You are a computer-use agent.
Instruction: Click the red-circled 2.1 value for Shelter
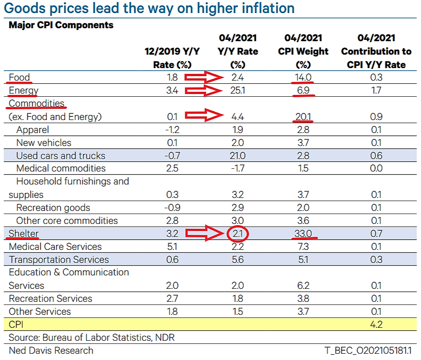pyautogui.click(x=238, y=233)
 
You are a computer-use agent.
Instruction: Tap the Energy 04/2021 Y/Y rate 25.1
pyautogui.click(x=238, y=91)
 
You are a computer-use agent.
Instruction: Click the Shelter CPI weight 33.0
pyautogui.click(x=303, y=233)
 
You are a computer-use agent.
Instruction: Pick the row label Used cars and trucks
pyautogui.click(x=60, y=156)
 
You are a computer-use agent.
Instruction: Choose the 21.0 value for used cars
pyautogui.click(x=238, y=156)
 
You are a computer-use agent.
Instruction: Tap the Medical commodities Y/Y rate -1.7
pyautogui.click(x=238, y=169)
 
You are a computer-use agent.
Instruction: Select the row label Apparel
pyautogui.click(x=33, y=130)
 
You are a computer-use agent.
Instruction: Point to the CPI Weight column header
pyautogui.click(x=303, y=51)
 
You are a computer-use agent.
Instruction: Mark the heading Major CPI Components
pyautogui.click(x=61, y=25)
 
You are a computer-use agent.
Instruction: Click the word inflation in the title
pyautogui.click(x=261, y=8)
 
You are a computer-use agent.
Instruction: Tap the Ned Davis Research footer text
pyautogui.click(x=51, y=350)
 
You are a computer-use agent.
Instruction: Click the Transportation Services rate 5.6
pyautogui.click(x=238, y=260)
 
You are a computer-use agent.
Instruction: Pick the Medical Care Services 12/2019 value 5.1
pyautogui.click(x=172, y=247)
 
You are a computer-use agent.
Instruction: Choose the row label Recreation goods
pyautogui.click(x=53, y=208)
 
